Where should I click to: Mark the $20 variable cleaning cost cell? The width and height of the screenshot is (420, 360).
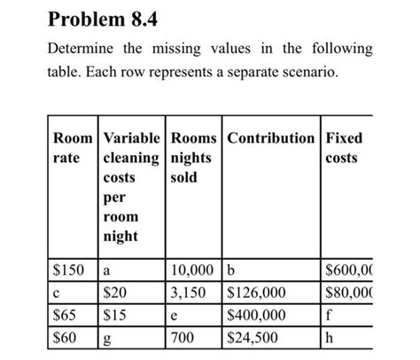click(116, 292)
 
